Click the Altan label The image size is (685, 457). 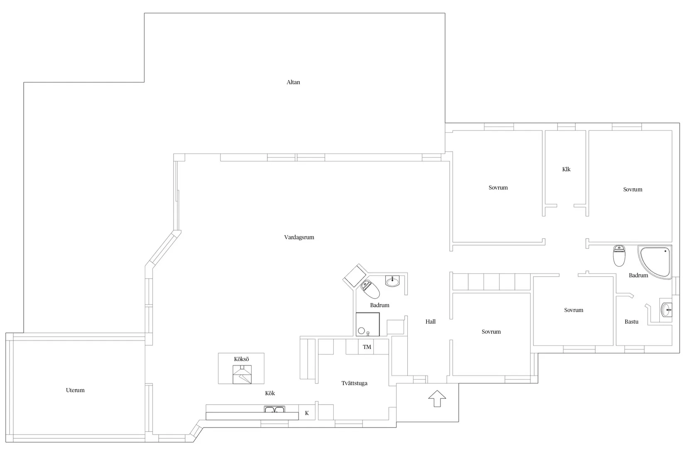point(293,82)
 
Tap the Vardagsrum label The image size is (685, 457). point(299,237)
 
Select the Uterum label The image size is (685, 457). point(75,390)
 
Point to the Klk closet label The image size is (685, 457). point(566,169)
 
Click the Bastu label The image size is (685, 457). point(631,322)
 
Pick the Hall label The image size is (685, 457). point(431,322)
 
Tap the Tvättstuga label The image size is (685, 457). point(355,383)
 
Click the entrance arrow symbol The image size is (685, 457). point(437,398)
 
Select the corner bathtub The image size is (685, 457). point(655,262)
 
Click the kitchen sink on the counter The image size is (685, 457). point(274,409)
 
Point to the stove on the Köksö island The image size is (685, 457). point(242,374)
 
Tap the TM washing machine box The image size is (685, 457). point(367,347)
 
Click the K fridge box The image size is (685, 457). point(307,413)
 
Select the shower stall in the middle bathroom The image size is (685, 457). point(367,324)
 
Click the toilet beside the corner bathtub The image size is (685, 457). point(619,256)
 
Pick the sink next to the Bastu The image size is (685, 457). point(666,310)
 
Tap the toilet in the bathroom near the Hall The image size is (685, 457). point(370,289)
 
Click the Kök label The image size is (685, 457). point(270,393)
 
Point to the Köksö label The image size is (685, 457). point(241,359)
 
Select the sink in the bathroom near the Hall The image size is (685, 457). point(392,281)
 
